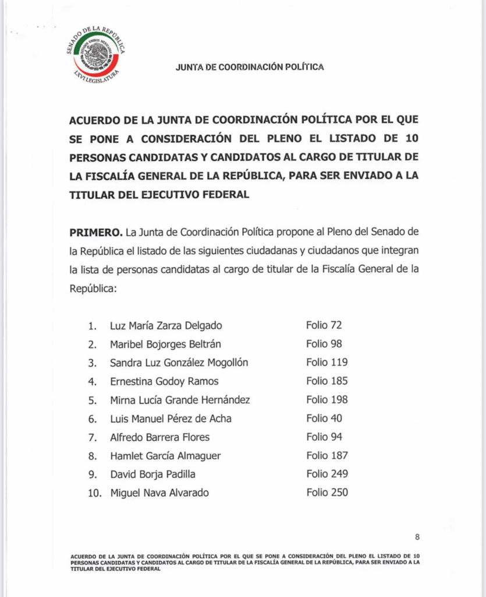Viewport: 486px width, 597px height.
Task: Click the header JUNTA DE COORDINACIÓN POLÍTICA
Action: pos(250,67)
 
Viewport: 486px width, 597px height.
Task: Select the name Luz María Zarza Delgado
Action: pos(166,325)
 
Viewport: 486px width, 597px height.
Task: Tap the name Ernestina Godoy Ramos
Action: pos(164,381)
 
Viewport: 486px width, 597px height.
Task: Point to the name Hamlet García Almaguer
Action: pos(165,456)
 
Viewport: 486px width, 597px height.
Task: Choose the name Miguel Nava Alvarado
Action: pos(159,493)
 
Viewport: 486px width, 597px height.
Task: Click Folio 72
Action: pos(324,325)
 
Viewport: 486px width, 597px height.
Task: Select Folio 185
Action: pos(327,381)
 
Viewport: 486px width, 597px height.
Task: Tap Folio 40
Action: pos(324,419)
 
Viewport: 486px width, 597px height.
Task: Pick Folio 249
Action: pos(327,474)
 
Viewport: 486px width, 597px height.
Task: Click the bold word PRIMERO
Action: pos(95,232)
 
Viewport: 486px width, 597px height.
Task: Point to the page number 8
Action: pos(417,537)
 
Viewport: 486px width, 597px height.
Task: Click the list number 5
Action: pos(92,400)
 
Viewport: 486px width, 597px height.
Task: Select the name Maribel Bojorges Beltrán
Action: pos(165,344)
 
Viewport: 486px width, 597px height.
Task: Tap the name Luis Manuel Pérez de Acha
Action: pos(171,419)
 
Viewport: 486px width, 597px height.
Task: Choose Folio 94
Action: pos(324,437)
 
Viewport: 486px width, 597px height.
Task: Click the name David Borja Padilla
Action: pos(152,475)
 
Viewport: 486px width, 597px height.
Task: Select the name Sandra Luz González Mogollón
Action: pos(179,363)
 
